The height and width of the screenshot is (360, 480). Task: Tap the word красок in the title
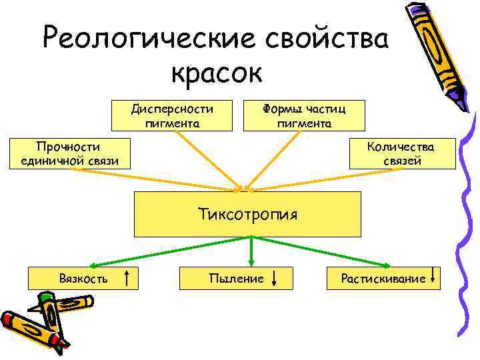point(217,71)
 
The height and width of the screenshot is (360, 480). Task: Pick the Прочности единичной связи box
point(69,153)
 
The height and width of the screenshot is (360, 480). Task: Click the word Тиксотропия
point(247,215)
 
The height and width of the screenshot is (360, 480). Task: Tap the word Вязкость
point(83,278)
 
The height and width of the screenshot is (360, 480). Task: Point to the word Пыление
point(236,278)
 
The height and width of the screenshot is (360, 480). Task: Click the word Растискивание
point(383,278)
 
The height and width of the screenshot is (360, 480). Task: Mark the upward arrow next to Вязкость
point(127,277)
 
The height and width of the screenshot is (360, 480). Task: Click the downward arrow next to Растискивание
point(434,276)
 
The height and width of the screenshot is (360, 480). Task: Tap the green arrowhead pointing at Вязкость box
point(93,265)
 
